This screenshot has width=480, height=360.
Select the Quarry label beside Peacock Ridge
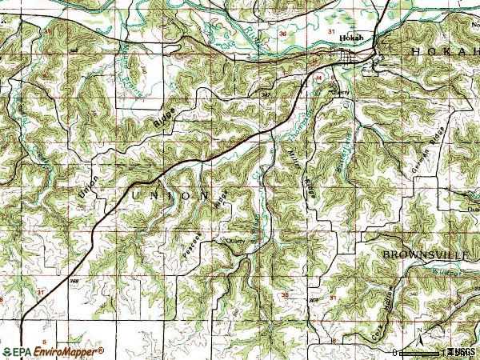[234, 239]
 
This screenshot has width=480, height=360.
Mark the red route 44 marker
[318, 78]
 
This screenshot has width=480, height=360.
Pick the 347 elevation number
[267, 94]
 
